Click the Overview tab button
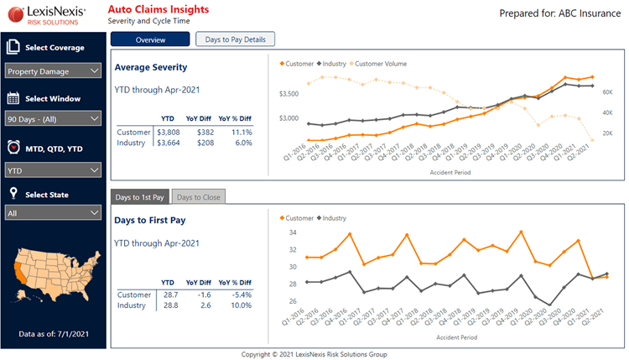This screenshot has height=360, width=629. (x=150, y=39)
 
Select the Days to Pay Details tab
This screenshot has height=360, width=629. (x=235, y=39)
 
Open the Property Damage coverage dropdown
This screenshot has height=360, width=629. (x=54, y=71)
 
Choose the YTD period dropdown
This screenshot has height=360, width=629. (x=54, y=170)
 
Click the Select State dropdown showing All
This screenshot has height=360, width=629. (x=54, y=213)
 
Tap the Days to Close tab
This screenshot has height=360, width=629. (x=199, y=196)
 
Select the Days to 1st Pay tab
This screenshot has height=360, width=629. (x=140, y=196)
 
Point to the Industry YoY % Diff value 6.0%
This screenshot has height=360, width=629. (x=244, y=143)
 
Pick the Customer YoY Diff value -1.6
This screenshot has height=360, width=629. (x=204, y=295)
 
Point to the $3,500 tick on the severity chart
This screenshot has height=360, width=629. (x=289, y=93)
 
